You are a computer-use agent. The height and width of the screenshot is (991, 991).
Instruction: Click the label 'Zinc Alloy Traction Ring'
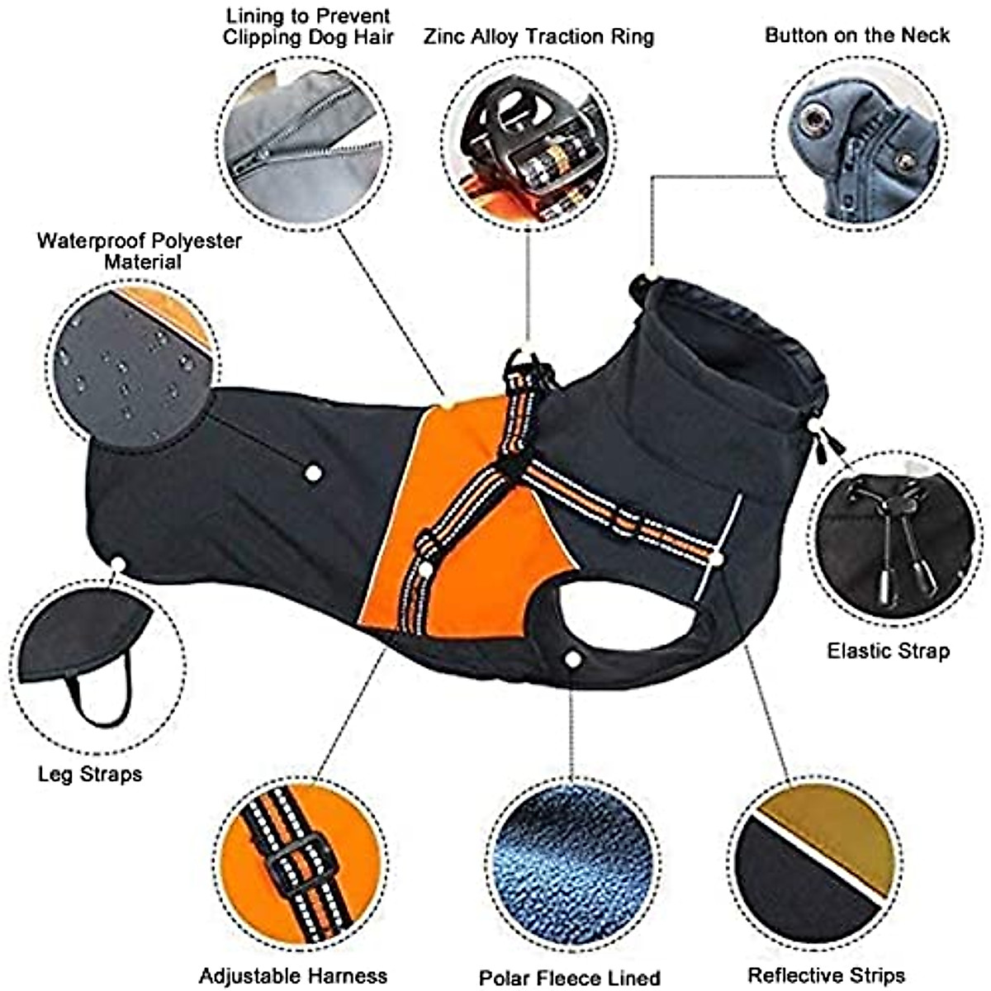(x=538, y=36)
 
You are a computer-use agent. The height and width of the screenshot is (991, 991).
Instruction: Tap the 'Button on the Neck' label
(x=856, y=35)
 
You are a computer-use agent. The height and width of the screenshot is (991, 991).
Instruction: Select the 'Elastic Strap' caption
(x=888, y=651)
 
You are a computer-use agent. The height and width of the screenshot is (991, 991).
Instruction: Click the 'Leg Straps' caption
(x=90, y=774)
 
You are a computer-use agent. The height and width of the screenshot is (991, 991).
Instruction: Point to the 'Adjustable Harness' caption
(x=292, y=975)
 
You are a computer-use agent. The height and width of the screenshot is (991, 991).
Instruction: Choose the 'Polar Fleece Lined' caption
(x=570, y=978)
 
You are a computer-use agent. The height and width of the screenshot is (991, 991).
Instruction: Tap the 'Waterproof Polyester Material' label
(x=140, y=251)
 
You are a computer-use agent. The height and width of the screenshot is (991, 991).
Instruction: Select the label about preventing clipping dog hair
(x=307, y=26)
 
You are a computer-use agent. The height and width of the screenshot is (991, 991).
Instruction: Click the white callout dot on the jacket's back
(x=313, y=473)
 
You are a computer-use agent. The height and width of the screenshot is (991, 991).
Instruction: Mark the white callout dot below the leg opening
(x=571, y=658)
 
